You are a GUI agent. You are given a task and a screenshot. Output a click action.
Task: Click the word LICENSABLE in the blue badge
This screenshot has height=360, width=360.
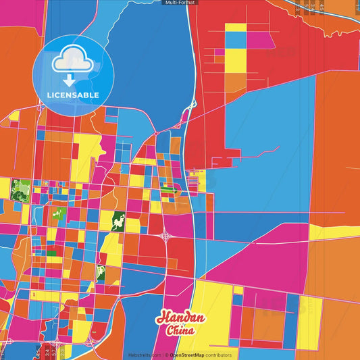tap(74, 95)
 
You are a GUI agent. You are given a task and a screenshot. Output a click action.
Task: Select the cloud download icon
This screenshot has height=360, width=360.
tap(73, 66)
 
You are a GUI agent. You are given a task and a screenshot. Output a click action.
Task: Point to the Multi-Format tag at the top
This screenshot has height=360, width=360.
tap(180, 3)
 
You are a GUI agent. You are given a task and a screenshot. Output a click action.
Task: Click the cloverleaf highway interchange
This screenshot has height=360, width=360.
tap(165, 236)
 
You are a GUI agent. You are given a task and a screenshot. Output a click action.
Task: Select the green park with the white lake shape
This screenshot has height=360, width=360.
tap(120, 221)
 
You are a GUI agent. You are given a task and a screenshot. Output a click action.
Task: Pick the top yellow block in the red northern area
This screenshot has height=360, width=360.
tap(236, 28)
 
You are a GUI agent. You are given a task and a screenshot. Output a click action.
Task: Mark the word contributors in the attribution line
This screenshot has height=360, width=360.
tap(218, 355)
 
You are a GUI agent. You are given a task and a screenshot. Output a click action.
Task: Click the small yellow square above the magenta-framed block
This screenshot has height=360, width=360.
tap(238, 290)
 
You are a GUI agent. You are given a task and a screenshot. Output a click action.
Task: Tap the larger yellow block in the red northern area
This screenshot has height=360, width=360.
tap(236, 61)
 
